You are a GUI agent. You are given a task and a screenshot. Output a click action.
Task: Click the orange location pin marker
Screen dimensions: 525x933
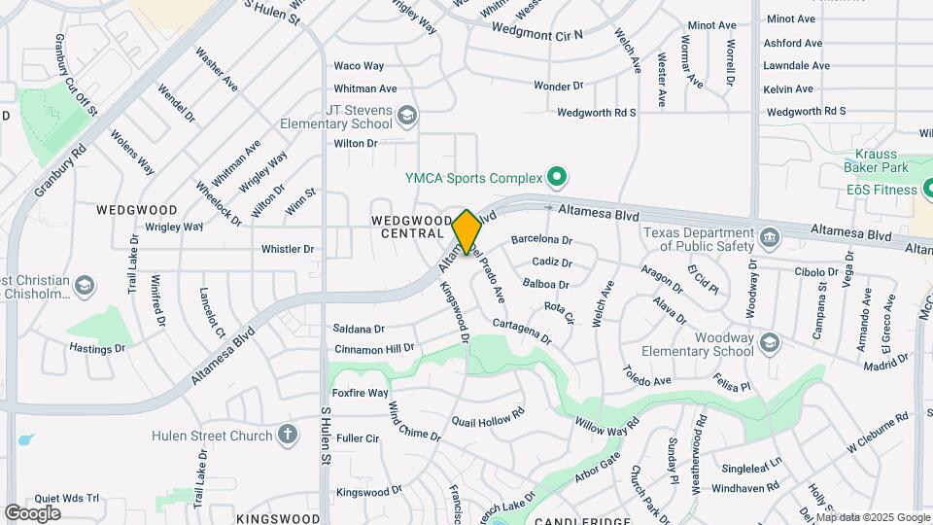click(x=467, y=231)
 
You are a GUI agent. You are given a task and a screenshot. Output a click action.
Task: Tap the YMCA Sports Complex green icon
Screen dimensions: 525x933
click(x=557, y=178)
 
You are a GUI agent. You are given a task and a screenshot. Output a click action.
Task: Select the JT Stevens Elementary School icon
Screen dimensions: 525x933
click(x=407, y=117)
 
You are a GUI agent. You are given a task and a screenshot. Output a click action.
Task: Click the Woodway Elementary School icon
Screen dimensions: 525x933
click(x=770, y=342)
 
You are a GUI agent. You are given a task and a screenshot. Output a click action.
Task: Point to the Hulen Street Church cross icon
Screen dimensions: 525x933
click(x=288, y=435)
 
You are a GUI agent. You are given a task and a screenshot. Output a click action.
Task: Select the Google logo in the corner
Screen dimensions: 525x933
click(x=33, y=512)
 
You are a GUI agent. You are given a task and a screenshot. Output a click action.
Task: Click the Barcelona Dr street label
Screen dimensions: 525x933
click(x=541, y=239)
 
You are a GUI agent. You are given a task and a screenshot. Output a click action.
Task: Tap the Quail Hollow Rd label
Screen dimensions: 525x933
click(x=488, y=417)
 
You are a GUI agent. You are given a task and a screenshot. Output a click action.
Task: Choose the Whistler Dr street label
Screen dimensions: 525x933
click(x=287, y=249)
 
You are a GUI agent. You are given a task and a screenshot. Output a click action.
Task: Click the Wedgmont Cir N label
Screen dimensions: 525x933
click(x=537, y=33)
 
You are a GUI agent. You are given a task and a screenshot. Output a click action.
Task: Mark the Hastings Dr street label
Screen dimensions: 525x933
click(x=97, y=348)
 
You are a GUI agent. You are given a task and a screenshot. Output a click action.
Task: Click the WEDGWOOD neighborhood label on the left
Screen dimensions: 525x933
click(x=137, y=210)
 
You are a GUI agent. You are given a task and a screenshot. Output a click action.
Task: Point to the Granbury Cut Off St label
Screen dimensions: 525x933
click(x=77, y=75)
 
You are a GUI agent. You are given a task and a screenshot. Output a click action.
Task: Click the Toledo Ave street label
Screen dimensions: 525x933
click(x=647, y=375)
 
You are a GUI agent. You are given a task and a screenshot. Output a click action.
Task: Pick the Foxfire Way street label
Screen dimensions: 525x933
click(x=361, y=394)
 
